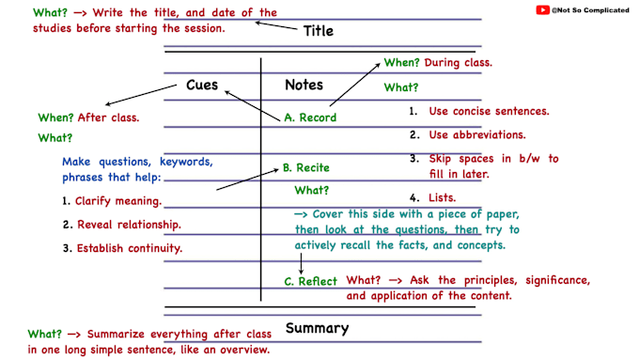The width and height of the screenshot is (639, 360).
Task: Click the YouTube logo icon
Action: [x=542, y=9]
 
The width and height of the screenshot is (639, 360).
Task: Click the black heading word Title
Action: [x=319, y=31]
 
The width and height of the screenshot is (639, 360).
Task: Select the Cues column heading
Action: [x=202, y=85]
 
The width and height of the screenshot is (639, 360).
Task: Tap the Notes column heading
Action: [x=304, y=85]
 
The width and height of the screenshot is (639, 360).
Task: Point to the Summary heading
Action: [x=317, y=329]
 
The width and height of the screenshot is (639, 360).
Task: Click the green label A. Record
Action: [x=310, y=117]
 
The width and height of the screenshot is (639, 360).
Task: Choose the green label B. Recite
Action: [x=306, y=167]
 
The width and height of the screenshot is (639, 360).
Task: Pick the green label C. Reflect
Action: [x=310, y=281]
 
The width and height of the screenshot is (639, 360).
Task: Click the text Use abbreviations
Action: [x=477, y=134]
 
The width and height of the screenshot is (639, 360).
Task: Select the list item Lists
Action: [x=443, y=197]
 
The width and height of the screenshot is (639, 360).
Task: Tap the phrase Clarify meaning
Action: [x=118, y=201]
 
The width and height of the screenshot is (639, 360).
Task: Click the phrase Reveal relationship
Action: [x=129, y=225]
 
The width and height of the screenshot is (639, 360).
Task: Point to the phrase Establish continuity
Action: [x=130, y=248]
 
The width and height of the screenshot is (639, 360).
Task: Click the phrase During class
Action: [x=458, y=63]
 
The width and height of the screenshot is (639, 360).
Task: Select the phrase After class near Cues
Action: [x=108, y=117]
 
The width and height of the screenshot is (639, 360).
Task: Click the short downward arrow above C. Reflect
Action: [x=301, y=264]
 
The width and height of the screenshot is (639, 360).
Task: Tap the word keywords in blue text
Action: [x=186, y=162]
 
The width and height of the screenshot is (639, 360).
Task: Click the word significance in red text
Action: [x=557, y=280]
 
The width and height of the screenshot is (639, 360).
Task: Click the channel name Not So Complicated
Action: [x=590, y=10]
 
